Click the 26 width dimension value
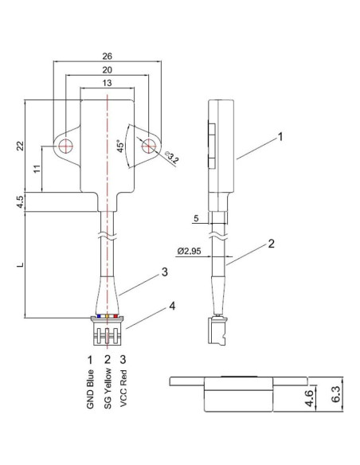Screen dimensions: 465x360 (108, 57)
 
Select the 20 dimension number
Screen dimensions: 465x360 (108, 71)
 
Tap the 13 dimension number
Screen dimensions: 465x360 (108, 84)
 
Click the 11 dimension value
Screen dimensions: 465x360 (36, 169)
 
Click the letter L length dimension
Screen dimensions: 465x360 (21, 264)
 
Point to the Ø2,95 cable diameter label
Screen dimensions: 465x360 (190, 251)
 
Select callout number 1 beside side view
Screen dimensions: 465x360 (280, 137)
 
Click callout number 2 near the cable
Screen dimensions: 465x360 (272, 244)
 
